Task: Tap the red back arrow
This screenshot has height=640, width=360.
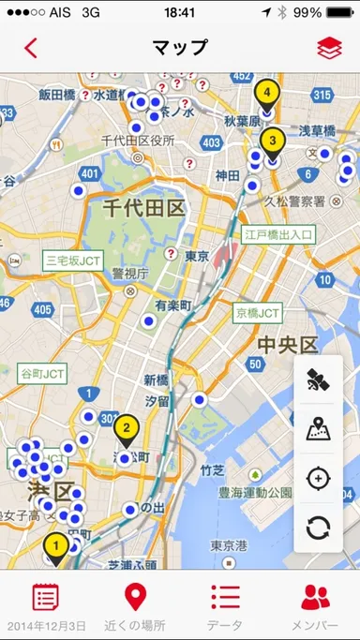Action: [31, 47]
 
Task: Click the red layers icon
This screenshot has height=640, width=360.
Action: [329, 47]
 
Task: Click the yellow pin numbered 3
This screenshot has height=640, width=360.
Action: [272, 141]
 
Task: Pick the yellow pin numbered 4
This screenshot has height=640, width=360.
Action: [266, 94]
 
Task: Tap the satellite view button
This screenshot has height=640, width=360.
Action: [319, 380]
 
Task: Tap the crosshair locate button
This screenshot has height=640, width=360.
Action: [319, 479]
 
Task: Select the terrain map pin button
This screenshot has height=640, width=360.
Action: [319, 429]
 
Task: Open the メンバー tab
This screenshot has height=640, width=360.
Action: [315, 605]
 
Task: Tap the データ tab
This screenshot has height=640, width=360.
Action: [225, 605]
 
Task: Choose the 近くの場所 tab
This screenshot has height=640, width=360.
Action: [135, 605]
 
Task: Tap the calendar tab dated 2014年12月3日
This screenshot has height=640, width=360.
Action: [46, 605]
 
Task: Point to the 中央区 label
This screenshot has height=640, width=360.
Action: [290, 345]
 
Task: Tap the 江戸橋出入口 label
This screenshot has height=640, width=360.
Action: [279, 233]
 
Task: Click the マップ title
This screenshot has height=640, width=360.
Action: [179, 47]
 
